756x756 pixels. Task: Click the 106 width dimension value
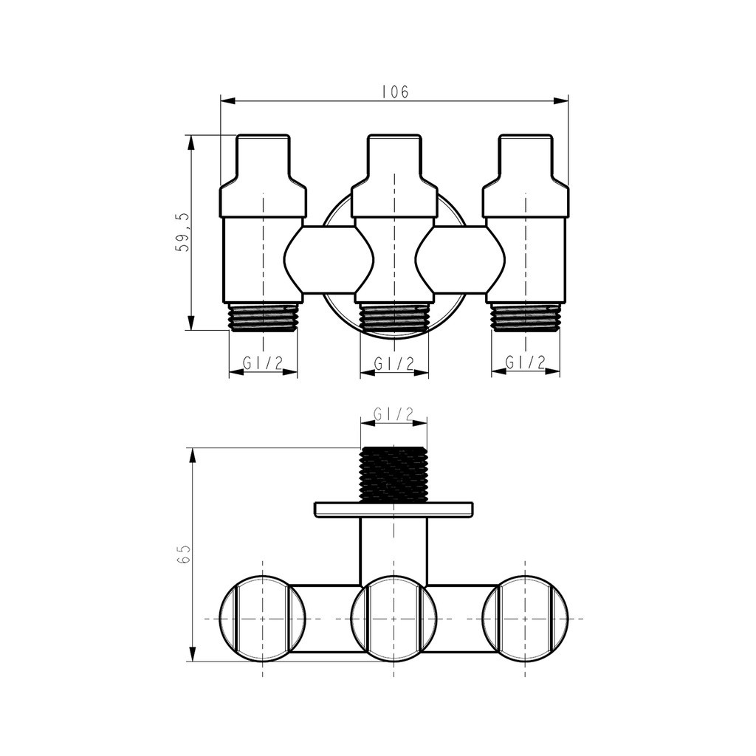tap(395, 92)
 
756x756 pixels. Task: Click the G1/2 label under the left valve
tap(263, 362)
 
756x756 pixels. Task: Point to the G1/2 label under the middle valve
tap(394, 363)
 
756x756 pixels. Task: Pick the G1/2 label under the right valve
tap(526, 362)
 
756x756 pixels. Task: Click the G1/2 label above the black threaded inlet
tap(394, 414)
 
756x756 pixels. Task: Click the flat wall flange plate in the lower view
tap(394, 510)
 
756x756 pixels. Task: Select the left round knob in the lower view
tap(262, 618)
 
